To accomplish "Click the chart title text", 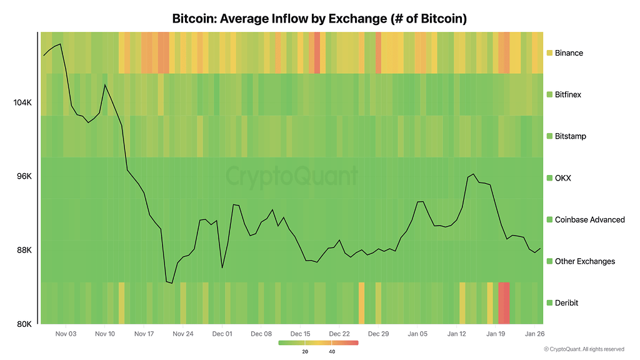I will (319, 19).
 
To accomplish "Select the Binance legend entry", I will (569, 53).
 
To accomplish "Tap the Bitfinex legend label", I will (567, 94).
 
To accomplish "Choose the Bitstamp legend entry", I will (570, 136).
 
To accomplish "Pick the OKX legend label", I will (562, 178).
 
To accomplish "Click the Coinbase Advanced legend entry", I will (589, 219).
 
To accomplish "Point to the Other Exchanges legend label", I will (584, 261).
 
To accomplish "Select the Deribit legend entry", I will (566, 302).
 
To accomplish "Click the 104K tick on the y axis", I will (22, 102).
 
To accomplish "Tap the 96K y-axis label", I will (24, 176).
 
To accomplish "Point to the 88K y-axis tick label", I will (24, 250).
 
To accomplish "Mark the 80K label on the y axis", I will (24, 324).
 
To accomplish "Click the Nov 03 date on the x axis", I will (66, 334).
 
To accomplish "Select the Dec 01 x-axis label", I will (222, 334).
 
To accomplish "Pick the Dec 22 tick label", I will (339, 334).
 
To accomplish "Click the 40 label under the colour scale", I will (332, 351).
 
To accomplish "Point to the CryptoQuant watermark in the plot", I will (292, 176).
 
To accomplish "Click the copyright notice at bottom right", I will (584, 349).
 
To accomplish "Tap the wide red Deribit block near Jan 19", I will (504, 302).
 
